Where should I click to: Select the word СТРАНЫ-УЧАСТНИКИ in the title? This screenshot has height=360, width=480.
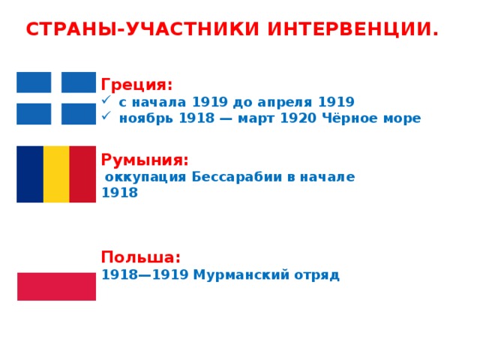142,29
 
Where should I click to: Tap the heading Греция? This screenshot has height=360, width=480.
136,85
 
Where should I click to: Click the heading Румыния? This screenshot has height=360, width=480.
145,160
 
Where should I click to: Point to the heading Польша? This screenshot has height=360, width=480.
141,256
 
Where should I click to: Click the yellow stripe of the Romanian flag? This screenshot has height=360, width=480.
56,174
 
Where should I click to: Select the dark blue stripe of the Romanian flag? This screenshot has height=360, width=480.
30,174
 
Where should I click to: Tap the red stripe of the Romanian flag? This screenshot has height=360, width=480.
82,174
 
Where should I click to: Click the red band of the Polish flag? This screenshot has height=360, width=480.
57,286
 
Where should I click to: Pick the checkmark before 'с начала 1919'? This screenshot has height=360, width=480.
106,100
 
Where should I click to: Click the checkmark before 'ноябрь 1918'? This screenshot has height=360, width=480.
106,115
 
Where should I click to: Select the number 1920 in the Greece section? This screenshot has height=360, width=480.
298,118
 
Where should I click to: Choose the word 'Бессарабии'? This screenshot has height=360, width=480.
237,177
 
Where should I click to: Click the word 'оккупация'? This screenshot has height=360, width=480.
145,178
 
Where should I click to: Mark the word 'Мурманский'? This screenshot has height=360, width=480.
241,274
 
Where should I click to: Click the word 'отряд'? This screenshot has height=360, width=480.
316,275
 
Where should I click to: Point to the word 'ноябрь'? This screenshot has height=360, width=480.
146,118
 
